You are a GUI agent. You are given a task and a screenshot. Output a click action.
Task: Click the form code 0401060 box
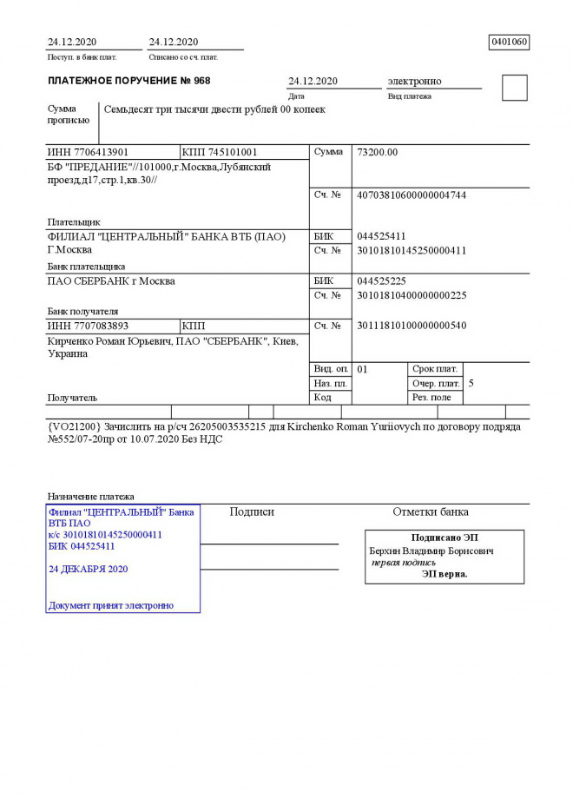coord(510,42)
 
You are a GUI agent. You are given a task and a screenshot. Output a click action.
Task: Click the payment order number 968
coord(201,81)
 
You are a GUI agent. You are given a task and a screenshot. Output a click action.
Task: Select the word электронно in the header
coord(414,81)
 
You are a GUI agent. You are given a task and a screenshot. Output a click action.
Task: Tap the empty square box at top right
coord(514,88)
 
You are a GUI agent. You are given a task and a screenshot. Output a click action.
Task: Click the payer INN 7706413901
coord(87,153)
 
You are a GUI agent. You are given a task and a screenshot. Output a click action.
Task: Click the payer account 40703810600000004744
coord(412,195)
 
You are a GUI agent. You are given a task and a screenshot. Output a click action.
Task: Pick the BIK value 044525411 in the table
coord(381,236)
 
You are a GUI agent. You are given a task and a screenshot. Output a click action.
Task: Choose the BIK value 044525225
coord(381,281)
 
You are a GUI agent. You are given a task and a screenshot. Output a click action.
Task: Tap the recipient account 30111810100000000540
coord(412,326)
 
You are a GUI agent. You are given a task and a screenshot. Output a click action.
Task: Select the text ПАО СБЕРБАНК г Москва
coord(110,281)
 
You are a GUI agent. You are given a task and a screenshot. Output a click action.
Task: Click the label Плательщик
coord(74,222)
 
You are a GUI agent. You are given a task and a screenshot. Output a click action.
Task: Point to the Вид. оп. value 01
coord(363,369)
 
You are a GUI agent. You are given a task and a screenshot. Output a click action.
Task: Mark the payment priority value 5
coord(471,383)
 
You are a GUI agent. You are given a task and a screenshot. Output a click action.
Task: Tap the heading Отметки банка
coord(431,512)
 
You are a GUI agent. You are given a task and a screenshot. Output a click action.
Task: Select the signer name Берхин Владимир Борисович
coord(431,551)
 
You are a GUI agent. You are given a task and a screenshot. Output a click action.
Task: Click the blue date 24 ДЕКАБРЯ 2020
coord(89,569)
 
